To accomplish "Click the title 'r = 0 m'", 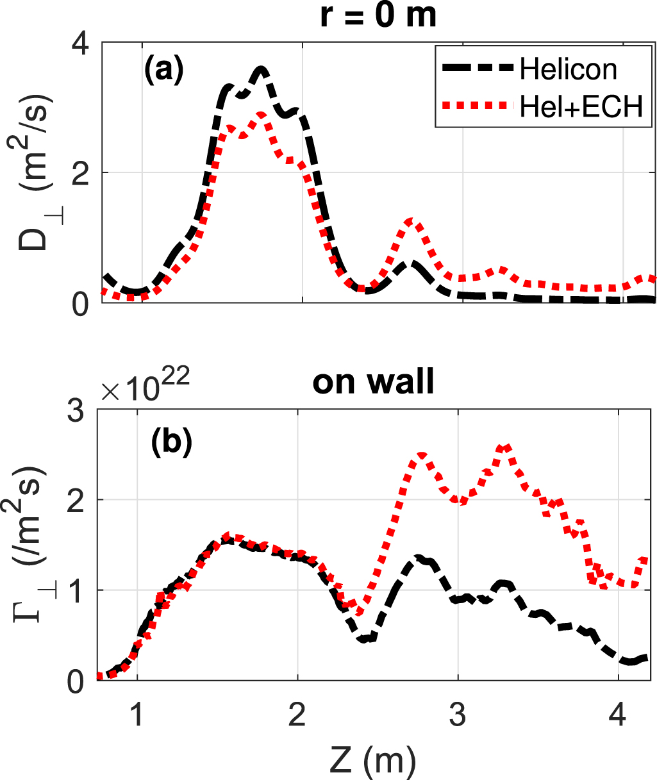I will [x=378, y=15].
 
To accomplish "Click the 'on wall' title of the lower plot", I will [x=373, y=382].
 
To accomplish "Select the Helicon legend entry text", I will [x=569, y=69].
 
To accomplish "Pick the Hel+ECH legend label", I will [x=581, y=106].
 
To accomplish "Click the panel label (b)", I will [x=171, y=444].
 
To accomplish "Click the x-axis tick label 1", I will [x=137, y=714].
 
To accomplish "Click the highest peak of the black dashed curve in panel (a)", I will [x=261, y=68].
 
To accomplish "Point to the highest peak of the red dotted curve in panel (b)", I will [x=505, y=447].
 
